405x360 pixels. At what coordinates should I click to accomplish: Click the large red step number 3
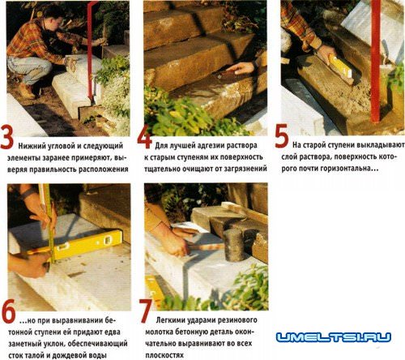(x=7, y=137)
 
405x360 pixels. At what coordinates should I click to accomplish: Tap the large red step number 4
(x=144, y=137)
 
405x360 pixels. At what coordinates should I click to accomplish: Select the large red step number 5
(x=282, y=137)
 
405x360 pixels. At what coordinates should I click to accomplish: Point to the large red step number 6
(x=8, y=312)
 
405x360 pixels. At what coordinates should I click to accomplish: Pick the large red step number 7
(x=146, y=311)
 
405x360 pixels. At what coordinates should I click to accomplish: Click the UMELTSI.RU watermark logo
(x=334, y=336)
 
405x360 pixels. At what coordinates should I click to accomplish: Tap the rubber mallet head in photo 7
(x=233, y=245)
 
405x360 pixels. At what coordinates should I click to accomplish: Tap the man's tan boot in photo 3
(x=27, y=91)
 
